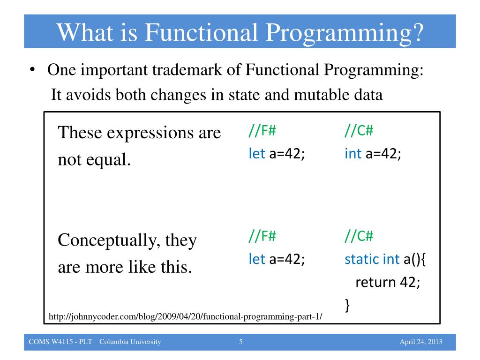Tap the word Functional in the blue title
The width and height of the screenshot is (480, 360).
point(201,32)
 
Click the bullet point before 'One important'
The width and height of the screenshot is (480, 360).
point(32,69)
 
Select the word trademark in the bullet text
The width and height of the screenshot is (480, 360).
point(187,69)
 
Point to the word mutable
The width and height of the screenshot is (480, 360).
point(321,94)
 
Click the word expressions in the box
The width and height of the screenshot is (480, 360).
point(150,133)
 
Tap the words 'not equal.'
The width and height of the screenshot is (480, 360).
point(94,159)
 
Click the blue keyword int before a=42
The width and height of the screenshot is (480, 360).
point(353,153)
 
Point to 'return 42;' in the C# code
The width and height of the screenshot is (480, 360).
point(388,282)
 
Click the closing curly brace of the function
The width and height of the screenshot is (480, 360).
point(347,305)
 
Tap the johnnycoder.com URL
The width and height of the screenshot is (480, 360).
point(186,316)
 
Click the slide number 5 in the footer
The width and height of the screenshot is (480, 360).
point(241,342)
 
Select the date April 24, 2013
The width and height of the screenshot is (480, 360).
point(421,342)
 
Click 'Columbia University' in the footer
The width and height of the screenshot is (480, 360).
point(130,342)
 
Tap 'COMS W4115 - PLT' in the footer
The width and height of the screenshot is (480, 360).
point(60,342)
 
